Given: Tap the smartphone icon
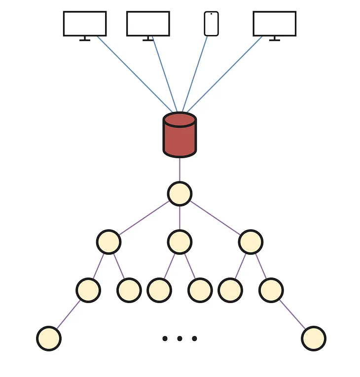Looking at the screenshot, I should tap(211, 24).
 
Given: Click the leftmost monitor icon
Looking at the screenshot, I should tap(85, 24).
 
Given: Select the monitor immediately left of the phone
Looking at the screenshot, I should tap(148, 24).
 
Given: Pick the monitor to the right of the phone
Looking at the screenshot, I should tap(274, 24).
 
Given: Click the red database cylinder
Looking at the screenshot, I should tap(180, 138).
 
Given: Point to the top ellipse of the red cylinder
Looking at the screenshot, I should tap(180, 120).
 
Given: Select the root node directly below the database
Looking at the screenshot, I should tap(180, 194).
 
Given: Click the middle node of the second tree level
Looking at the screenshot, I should tap(180, 242).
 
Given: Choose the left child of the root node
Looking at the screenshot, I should tap(108, 242).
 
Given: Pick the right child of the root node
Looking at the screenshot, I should tap(251, 242).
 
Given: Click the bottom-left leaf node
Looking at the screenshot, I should tap(49, 339).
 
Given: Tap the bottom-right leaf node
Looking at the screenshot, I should tap(314, 339).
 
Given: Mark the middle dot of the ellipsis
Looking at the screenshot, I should tap(180, 339).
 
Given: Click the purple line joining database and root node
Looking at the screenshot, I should tap(180, 170).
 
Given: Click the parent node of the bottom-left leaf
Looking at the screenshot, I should tap(88, 290).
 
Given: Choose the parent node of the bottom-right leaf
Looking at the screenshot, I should tap(271, 290).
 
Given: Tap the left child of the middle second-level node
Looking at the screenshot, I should tap(159, 290).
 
